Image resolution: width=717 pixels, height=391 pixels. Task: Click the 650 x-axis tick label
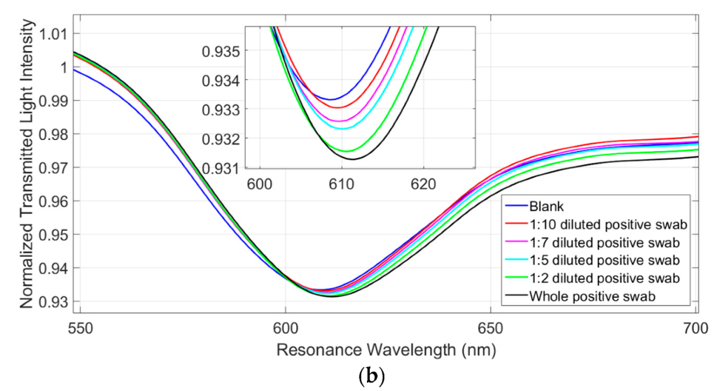[490, 325]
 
